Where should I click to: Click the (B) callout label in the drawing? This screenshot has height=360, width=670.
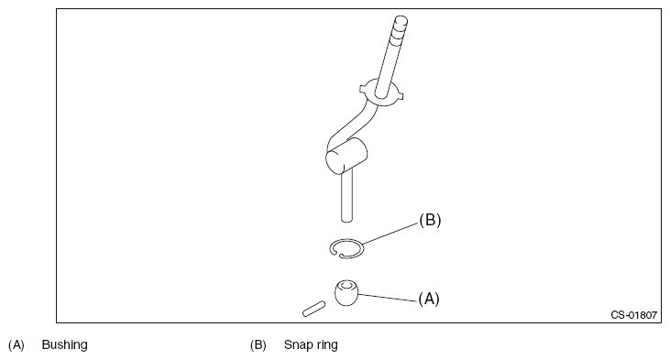pos(430,220)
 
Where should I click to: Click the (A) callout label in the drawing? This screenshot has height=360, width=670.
pos(429,299)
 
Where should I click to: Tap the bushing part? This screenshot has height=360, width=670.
pos(346,293)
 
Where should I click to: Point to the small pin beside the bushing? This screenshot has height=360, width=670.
pos(313,309)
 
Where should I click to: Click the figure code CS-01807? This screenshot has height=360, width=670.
pos(633,315)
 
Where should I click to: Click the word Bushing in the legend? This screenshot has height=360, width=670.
pos(64,344)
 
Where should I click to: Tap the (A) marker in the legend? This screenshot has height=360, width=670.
pos(16,344)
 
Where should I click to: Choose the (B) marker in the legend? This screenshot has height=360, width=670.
pos(258,344)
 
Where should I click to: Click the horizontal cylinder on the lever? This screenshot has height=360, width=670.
pos(346,156)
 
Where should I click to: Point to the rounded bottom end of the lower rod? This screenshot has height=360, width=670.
pos(347,220)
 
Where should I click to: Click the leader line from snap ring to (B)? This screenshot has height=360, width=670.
pos(390,234)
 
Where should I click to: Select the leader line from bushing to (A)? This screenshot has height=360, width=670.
pos(388,298)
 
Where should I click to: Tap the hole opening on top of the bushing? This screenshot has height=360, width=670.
pos(346,285)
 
